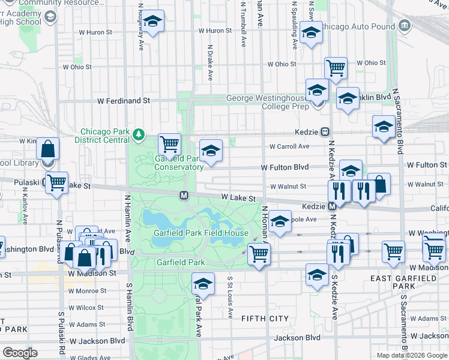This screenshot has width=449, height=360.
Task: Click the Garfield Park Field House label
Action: [200, 233]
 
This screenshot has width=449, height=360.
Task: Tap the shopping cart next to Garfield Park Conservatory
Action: [170, 144]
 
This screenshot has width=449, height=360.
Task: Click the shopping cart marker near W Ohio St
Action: [336, 68]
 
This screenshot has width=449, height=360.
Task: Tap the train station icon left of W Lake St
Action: [184, 195]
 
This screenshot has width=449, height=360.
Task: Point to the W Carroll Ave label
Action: [289, 146]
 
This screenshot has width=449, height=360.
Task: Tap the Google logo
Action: [19, 352]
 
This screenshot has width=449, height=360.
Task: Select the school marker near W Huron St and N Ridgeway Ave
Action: [152, 22]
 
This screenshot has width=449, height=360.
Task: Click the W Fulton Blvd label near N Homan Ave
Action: [285, 167]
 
